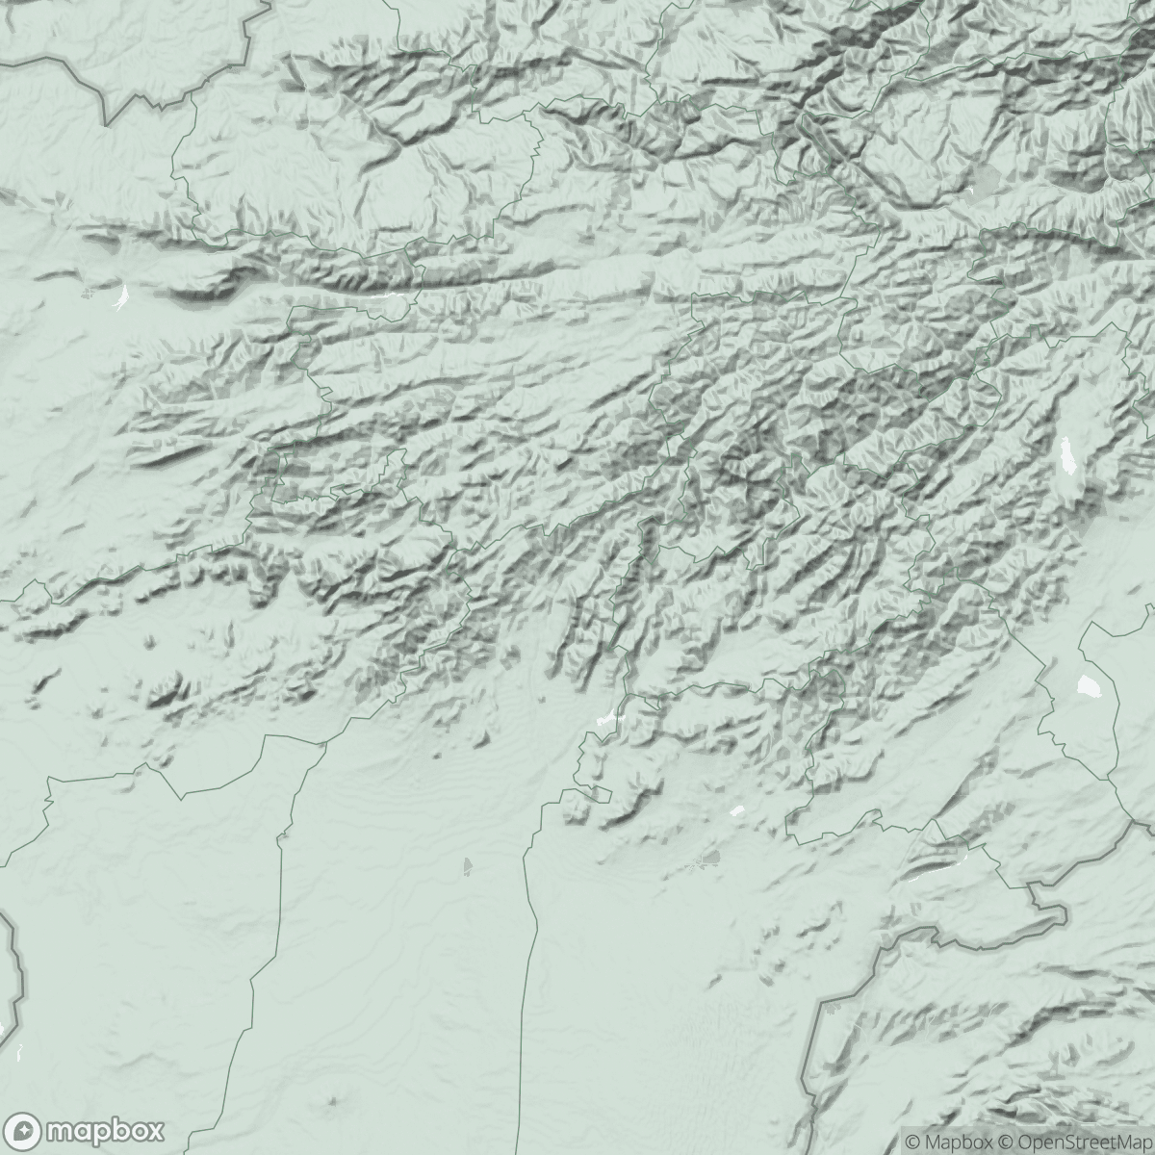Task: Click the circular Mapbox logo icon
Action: (27, 1129)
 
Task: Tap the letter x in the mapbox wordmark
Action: (152, 1129)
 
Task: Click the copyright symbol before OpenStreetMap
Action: (1005, 1142)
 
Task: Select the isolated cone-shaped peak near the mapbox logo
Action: (333, 1098)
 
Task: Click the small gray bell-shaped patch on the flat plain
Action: (468, 865)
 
